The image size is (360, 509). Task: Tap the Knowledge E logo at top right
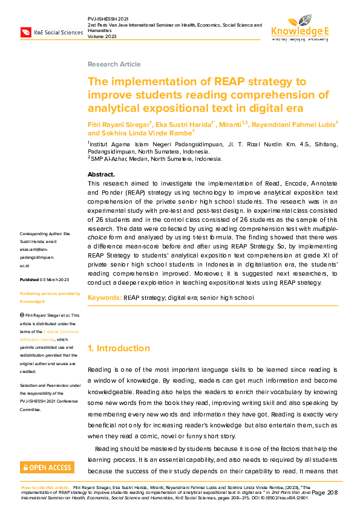[300, 28]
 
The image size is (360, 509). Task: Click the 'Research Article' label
[114, 64]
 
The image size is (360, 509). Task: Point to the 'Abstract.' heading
[101, 174]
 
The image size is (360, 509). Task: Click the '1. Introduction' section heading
[119, 348]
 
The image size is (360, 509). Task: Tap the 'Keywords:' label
[105, 298]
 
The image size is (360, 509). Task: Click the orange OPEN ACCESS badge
[47, 467]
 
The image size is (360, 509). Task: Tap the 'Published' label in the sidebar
[30, 280]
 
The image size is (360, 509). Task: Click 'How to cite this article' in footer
[45, 487]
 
